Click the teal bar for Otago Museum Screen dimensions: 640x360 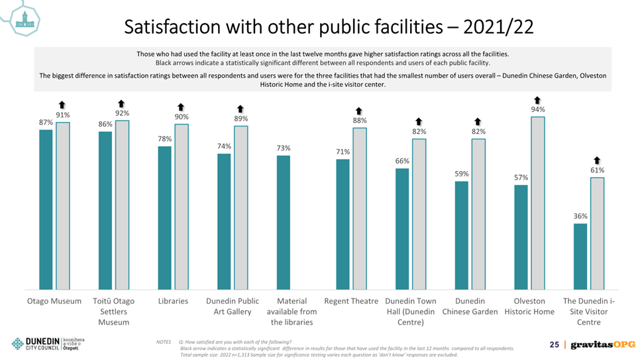[46, 210]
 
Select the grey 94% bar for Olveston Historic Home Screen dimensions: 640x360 [537, 203]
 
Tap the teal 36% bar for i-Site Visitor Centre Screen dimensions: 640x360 [580, 257]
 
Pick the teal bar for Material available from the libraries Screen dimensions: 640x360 [284, 223]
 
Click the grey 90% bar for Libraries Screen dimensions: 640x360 [182, 207]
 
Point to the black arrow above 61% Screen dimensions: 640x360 [597, 160]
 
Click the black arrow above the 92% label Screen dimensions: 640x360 [121, 103]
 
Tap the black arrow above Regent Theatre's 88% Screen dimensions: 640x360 [359, 111]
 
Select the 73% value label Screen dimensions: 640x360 [284, 148]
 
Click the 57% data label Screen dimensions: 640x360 [521, 177]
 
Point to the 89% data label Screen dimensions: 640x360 [240, 119]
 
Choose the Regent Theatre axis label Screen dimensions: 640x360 [351, 301]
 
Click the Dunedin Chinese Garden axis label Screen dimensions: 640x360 [470, 306]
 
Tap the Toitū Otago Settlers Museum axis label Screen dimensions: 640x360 [113, 312]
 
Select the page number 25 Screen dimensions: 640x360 [555, 345]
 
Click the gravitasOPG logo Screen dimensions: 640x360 [603, 345]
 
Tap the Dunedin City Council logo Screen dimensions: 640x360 [48, 343]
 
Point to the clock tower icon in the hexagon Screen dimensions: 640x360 [25, 20]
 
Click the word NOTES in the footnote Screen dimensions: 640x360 [163, 342]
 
